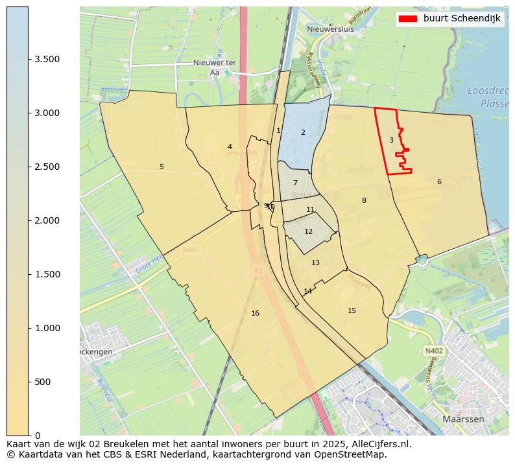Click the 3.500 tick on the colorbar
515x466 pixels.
pos(29,60)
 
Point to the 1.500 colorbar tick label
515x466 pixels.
pos(47,275)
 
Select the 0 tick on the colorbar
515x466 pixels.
pos(29,435)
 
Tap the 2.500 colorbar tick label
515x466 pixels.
pos(47,167)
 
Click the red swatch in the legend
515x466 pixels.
pos(409,18)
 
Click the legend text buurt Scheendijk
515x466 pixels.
pos(462,18)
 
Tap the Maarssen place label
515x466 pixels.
pos(463,419)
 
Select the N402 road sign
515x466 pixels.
pos(433,351)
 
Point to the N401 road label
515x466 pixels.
pos(191,250)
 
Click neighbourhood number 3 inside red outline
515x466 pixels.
pos(391,140)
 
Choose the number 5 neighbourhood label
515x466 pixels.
pos(162,167)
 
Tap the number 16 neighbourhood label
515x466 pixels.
pos(255,314)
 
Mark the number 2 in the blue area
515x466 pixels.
pos(302,133)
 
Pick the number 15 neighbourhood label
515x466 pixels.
pos(352,311)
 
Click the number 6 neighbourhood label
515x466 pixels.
pos(439,182)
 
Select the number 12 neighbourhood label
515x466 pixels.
pos(308,232)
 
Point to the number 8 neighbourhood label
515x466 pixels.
pos(364,201)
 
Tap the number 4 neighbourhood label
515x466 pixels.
pos(230,147)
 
